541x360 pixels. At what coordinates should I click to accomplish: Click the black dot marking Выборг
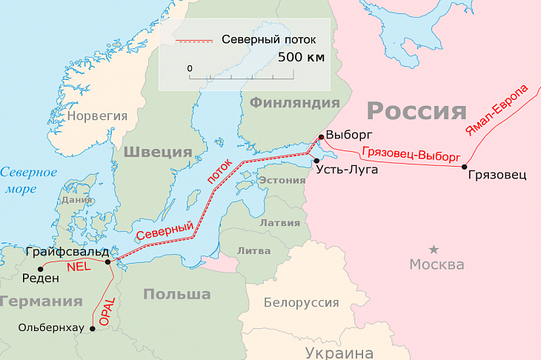(320, 137)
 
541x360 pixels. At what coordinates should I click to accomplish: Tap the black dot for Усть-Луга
(316, 161)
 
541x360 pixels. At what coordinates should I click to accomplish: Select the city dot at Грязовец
(465, 167)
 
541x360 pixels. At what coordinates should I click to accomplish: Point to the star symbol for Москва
(434, 249)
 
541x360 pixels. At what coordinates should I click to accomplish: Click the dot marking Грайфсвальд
(108, 261)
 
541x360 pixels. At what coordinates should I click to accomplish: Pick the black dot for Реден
(40, 266)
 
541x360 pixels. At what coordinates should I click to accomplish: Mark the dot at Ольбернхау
(93, 327)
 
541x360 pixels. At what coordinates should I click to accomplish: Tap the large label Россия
(416, 112)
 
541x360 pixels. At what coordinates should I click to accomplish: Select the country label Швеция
(157, 152)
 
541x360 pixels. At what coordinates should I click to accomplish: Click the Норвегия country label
(97, 116)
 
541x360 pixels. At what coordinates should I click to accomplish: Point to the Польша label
(176, 294)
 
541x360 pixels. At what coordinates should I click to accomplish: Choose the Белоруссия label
(301, 303)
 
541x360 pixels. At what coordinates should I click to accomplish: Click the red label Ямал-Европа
(497, 110)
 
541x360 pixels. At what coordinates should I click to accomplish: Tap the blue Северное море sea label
(28, 180)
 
